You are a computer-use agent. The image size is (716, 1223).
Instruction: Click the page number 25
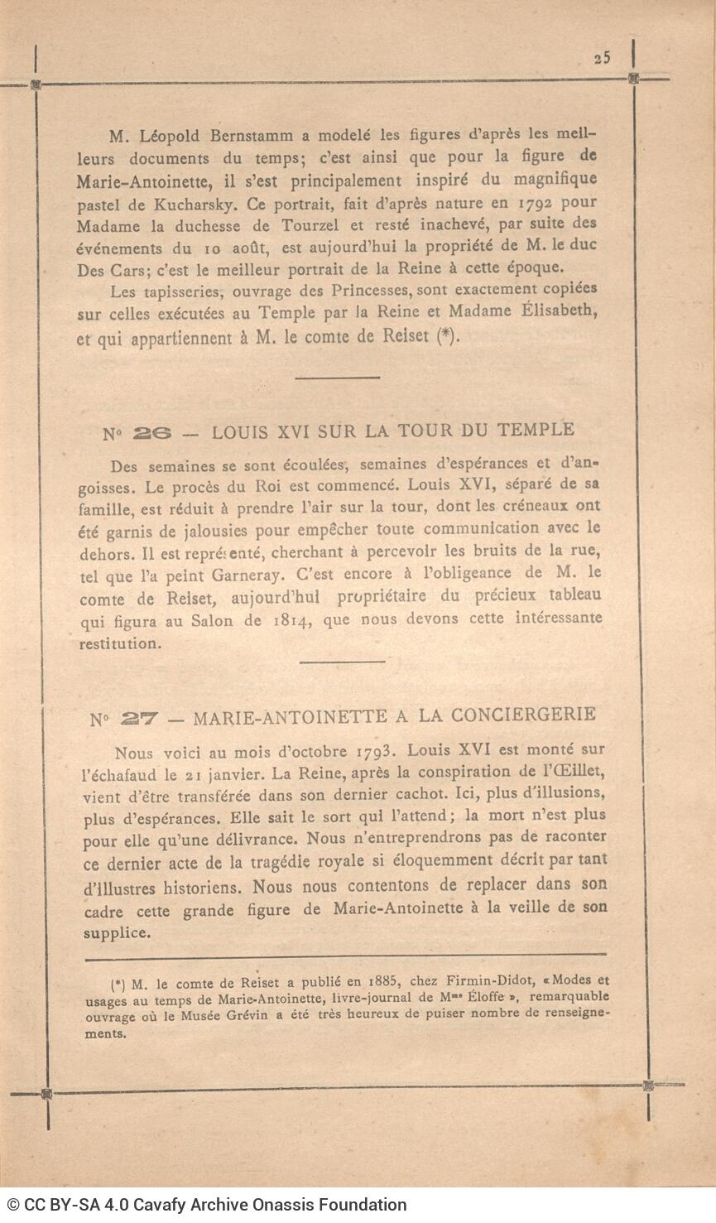tap(602, 57)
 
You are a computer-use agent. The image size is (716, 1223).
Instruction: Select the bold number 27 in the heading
tap(137, 718)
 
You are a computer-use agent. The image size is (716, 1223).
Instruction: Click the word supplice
tap(117, 932)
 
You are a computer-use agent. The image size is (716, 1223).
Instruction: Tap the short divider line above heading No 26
tap(337, 378)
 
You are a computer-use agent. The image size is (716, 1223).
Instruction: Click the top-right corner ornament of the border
tap(633, 79)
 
